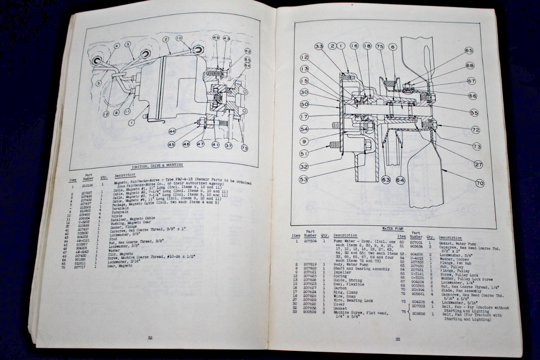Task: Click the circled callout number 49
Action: (216, 38)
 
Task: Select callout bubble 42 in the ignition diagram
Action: (248, 51)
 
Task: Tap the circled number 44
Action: (172, 131)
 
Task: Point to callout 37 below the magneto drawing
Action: (229, 146)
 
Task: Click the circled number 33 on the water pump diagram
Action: (319, 46)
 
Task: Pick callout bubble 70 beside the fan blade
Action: (480, 183)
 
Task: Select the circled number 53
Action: (304, 179)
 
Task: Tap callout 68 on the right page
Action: (470, 66)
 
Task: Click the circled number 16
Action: (354, 46)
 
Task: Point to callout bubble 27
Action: (478, 164)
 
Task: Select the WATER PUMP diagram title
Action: (393, 229)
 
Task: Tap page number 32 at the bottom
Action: (150, 337)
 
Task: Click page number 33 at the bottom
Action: (398, 339)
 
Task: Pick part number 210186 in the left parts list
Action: (87, 185)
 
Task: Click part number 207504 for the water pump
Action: (310, 241)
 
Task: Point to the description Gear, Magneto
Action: (119, 266)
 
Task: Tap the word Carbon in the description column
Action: (340, 288)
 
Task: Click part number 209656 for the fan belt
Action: (418, 314)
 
